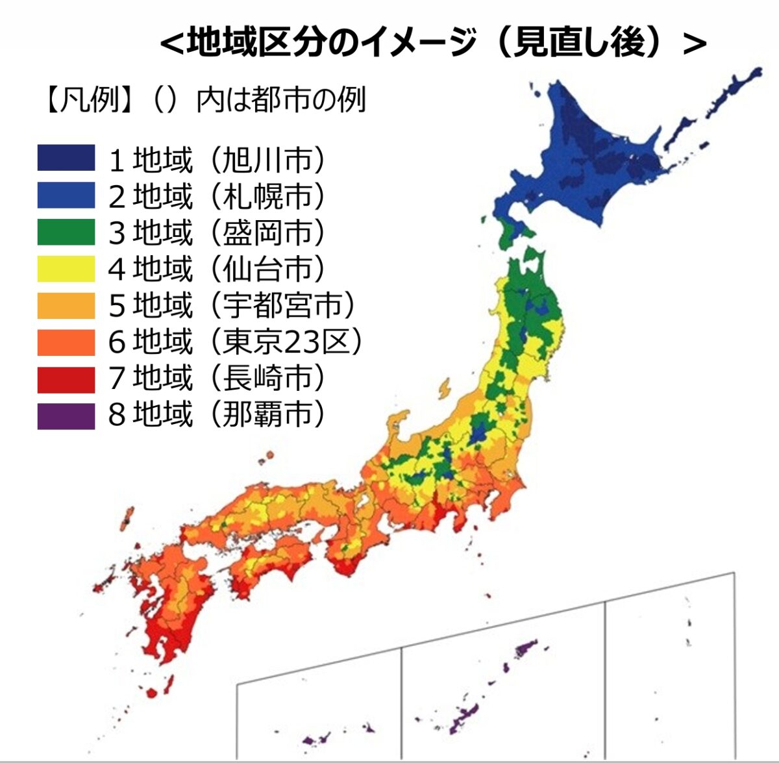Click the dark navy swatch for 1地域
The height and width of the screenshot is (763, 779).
pos(66,158)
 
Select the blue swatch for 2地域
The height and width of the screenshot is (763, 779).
pos(66,195)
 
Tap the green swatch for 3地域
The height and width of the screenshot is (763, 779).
pos(66,232)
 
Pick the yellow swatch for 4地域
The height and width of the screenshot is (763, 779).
pos(66,269)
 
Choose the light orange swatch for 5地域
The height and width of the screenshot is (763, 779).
pos(66,305)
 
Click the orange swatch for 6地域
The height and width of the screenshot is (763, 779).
pos(66,342)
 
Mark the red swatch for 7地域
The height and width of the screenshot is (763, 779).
pos(66,379)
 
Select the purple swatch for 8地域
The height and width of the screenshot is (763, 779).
pos(66,416)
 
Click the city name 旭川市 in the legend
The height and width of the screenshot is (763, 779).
pos(267,160)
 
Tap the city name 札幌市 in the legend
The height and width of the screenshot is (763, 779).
pos(267,196)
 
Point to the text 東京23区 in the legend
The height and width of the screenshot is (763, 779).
pos(286,343)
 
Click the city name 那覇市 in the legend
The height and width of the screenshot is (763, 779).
pos(267,414)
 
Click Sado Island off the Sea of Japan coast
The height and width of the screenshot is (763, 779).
pos(445,388)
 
